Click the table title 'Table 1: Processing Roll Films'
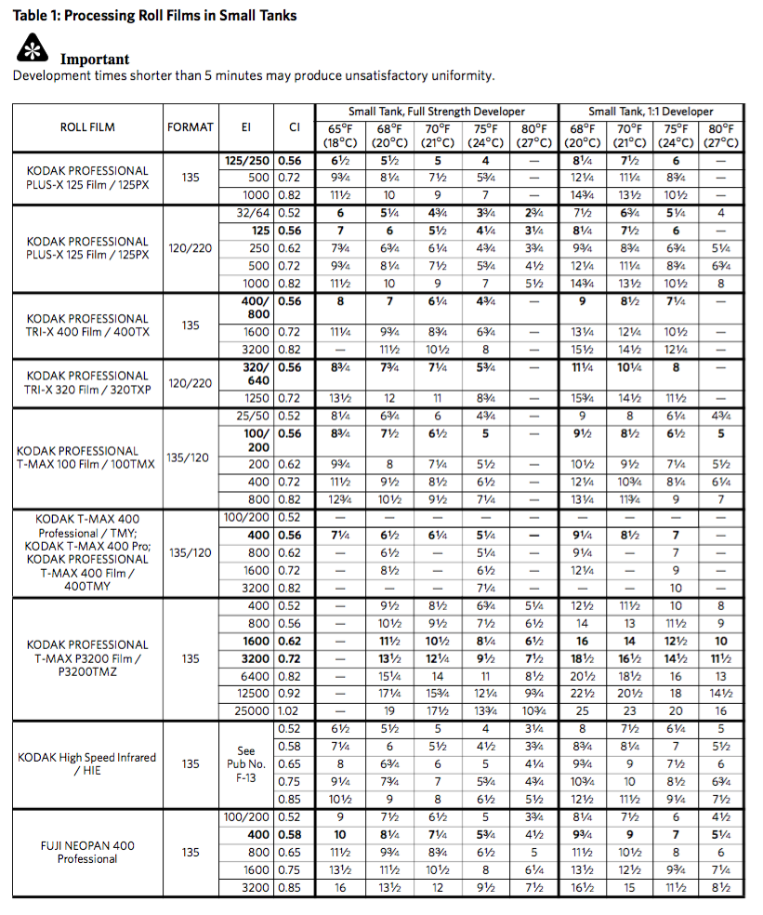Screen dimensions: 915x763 click(154, 16)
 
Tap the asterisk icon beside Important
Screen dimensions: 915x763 click(32, 51)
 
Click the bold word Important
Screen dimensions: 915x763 click(95, 60)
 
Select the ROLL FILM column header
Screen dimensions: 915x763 click(87, 127)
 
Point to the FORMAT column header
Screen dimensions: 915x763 click(191, 127)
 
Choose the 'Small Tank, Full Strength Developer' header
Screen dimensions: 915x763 click(437, 112)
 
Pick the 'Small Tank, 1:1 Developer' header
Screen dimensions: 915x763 click(651, 112)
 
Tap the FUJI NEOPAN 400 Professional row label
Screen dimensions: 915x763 click(87, 852)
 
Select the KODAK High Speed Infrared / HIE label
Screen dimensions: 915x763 click(87, 763)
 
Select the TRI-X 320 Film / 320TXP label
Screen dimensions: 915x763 click(87, 382)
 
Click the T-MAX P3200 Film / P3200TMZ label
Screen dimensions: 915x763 click(87, 658)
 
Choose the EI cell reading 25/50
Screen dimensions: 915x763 click(252, 416)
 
